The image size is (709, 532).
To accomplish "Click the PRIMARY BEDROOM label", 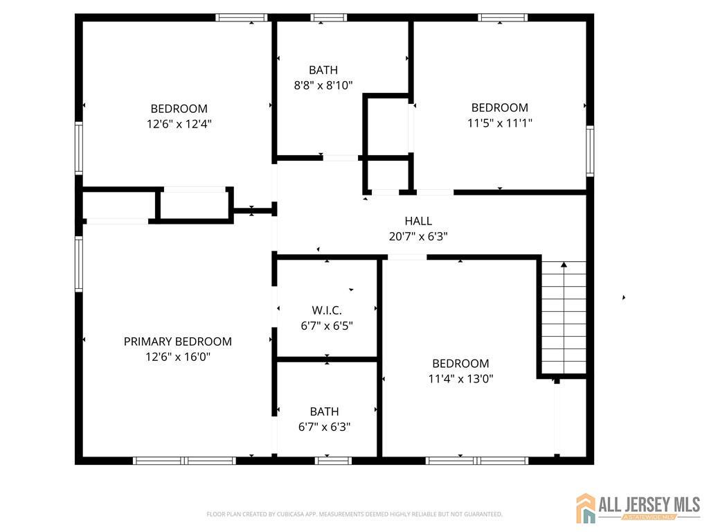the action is (x=178, y=342).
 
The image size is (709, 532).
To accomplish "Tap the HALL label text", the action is (x=418, y=221).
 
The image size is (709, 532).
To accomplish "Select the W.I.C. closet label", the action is (x=327, y=310).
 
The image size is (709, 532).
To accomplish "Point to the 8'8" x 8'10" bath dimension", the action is (x=323, y=85).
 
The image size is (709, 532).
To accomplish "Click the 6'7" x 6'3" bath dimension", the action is (x=324, y=427).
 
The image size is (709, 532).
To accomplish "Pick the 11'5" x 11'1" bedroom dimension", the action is (x=500, y=123).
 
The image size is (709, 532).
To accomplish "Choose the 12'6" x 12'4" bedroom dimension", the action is (x=179, y=123).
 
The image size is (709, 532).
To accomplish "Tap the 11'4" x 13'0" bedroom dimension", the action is (x=460, y=379).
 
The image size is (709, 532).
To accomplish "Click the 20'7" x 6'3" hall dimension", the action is (x=418, y=236).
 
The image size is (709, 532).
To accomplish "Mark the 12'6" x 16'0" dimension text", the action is (x=178, y=357).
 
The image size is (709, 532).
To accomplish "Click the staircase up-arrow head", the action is (x=564, y=264).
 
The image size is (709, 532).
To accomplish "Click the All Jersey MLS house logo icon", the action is (x=586, y=508).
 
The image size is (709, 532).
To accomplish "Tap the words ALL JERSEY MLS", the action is (x=649, y=504).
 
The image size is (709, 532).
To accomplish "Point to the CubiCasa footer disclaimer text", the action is (x=354, y=515).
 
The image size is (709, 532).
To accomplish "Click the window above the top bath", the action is (x=329, y=17).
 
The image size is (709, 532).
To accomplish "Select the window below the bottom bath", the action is (x=333, y=461).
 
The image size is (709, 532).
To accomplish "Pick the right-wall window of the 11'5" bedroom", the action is (x=590, y=150).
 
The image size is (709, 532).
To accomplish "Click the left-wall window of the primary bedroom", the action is (x=79, y=264).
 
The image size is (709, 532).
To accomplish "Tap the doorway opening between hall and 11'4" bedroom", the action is (x=407, y=258).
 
